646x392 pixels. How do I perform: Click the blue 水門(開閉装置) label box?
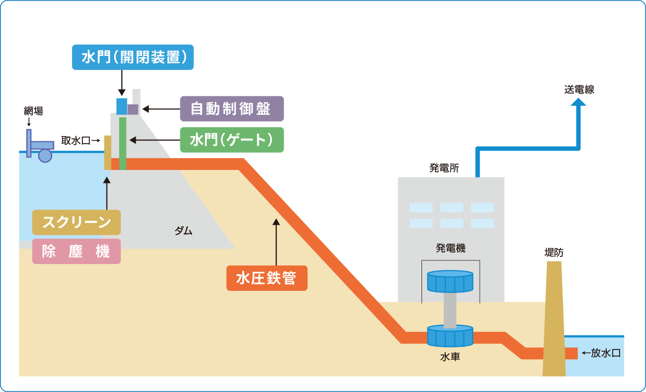132,58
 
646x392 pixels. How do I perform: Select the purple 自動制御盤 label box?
231,109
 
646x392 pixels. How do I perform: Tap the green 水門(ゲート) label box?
231,140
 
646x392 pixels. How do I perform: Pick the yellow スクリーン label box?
76,222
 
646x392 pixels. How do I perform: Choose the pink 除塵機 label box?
76,251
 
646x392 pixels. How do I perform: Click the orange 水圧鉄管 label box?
266,279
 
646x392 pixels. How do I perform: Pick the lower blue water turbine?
450,336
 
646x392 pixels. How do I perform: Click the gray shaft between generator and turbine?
450,309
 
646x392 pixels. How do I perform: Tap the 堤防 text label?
554,252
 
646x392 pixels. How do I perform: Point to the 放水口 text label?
606,353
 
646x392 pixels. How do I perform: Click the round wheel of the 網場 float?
45,155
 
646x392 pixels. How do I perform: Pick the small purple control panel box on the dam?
133,109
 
